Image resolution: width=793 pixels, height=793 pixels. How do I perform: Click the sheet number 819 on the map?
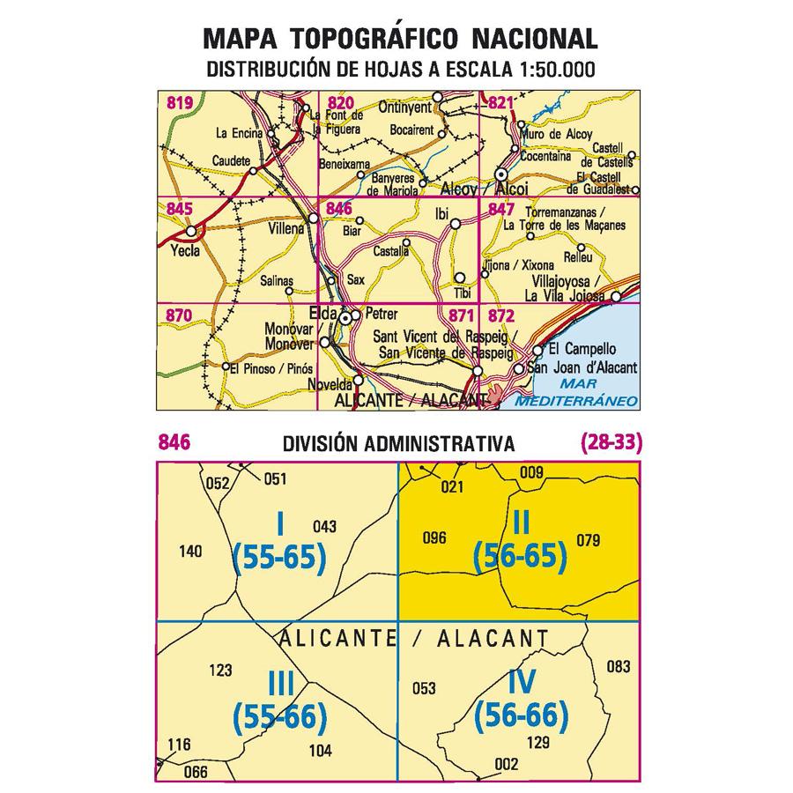[179, 104]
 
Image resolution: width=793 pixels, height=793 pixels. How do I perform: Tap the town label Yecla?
[186, 250]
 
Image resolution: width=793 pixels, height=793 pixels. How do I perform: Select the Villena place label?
[284, 228]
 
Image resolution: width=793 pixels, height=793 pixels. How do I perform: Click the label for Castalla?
[392, 252]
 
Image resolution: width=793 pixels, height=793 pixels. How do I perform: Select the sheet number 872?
[500, 315]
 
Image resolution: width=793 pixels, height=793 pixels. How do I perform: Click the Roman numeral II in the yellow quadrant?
[519, 525]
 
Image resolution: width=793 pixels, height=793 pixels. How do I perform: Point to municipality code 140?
[190, 552]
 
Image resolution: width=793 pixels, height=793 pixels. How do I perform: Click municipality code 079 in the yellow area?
[588, 539]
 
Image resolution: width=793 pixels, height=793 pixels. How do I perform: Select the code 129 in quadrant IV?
[537, 741]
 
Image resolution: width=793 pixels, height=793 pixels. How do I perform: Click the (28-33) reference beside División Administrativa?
[612, 443]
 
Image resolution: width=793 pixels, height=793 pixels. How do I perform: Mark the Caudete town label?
[231, 161]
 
